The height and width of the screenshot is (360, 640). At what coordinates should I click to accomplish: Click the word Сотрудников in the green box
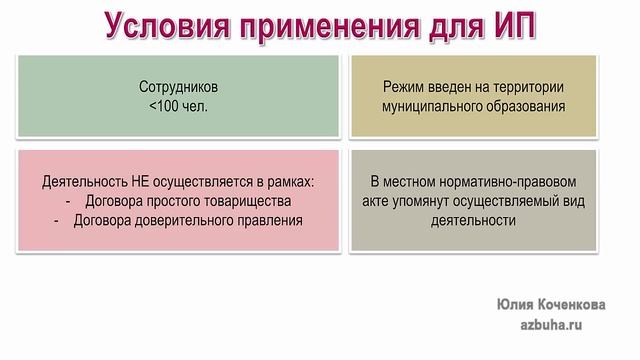[x=179, y=87]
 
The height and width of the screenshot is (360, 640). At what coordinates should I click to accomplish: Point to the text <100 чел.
[x=178, y=105]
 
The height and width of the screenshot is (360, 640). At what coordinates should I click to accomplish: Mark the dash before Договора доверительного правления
[x=58, y=221]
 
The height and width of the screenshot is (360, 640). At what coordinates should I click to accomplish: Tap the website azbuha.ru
[x=551, y=325]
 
